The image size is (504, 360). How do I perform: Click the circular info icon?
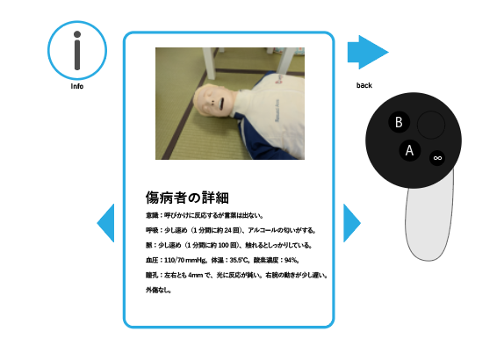(x=77, y=48)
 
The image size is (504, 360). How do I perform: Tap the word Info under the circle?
(x=77, y=87)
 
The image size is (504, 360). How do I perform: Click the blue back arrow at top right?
(x=366, y=52)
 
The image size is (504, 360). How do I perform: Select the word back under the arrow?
(x=364, y=85)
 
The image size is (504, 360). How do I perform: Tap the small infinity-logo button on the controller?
(x=436, y=158)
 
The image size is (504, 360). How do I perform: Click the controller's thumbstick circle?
(x=431, y=125)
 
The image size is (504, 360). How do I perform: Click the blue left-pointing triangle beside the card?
(x=106, y=222)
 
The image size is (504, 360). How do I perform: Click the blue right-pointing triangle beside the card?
(x=351, y=222)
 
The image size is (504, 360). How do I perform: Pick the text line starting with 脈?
(x=223, y=245)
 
